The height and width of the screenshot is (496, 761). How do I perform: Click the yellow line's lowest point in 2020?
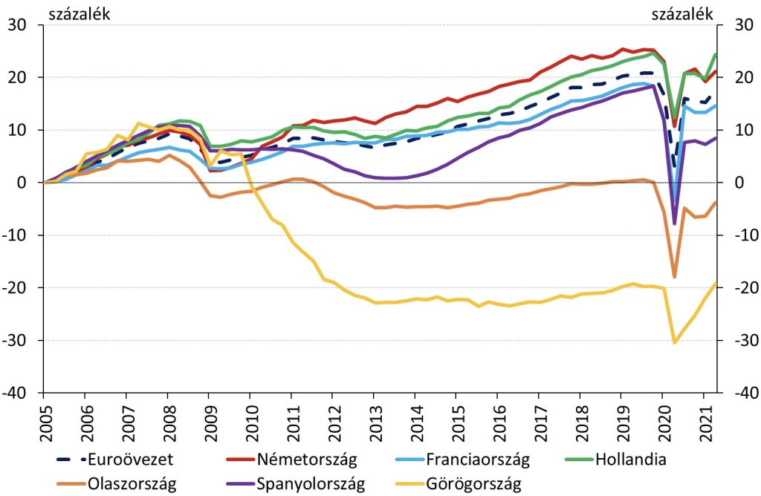675,342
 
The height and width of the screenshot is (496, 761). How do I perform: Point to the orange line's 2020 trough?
674,277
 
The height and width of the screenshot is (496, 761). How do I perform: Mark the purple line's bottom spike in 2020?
674,224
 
